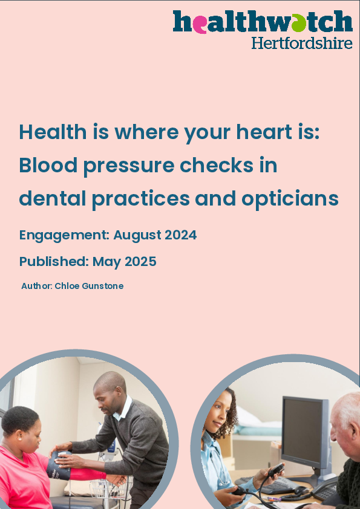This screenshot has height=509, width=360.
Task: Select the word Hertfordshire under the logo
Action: coord(302,43)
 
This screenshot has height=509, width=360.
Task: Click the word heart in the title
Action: coord(264,132)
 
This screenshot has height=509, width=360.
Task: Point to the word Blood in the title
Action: coord(48,165)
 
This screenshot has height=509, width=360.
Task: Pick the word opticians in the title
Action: coord(290,199)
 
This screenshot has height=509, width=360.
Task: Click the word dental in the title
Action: coord(53,198)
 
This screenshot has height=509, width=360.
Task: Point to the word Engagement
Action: coord(64,235)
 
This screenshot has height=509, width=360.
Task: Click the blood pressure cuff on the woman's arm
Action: coord(59,465)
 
